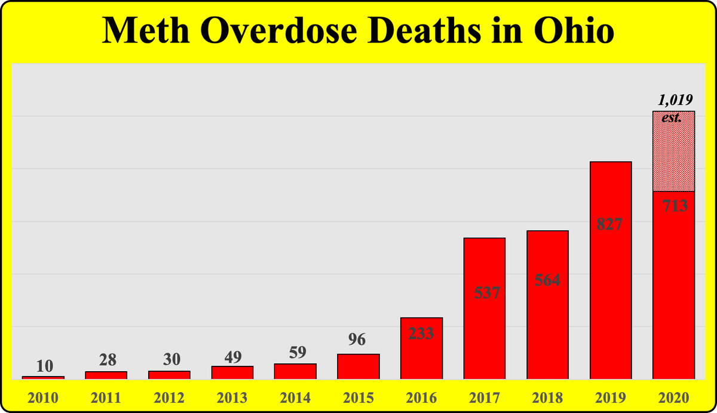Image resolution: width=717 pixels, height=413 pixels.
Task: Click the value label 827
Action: (x=610, y=225)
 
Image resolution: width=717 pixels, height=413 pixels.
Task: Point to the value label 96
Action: (x=358, y=339)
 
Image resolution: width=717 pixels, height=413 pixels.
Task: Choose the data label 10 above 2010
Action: (x=43, y=364)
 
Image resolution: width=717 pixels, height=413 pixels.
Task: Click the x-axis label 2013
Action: (x=232, y=397)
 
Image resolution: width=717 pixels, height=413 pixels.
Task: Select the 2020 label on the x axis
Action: (x=673, y=397)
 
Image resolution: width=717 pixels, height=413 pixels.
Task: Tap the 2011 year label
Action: (x=106, y=397)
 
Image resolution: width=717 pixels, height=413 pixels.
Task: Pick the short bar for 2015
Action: (x=358, y=366)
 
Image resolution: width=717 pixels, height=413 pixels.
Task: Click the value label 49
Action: (x=232, y=357)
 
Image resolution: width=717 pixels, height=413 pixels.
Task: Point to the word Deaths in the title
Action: (x=421, y=30)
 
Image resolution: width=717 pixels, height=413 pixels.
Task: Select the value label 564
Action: (x=547, y=280)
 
